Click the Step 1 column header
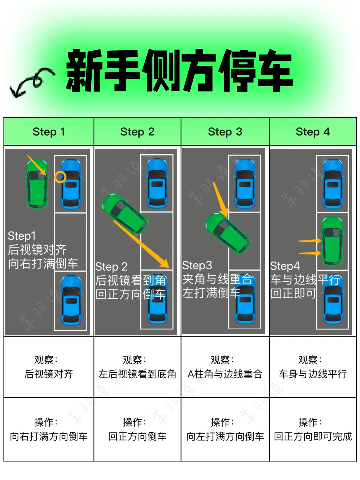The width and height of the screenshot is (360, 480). [49, 132]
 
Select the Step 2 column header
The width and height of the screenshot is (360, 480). [137, 132]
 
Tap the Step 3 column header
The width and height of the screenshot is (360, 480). [225, 132]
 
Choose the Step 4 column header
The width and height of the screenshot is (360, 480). [313, 132]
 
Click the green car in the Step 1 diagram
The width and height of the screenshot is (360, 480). [37, 184]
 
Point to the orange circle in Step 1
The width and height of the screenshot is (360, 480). [60, 177]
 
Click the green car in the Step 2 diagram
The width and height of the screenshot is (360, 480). [124, 214]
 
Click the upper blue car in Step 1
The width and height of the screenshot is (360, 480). [71, 184]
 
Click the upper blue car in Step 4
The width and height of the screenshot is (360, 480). [333, 184]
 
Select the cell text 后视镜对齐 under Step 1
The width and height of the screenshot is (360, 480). [49, 374]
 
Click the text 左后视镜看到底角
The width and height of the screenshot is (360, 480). [137, 374]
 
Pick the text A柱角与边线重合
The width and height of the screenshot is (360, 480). [225, 374]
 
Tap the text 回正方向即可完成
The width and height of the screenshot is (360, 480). [313, 436]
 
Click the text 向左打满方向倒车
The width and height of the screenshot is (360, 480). [225, 436]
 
